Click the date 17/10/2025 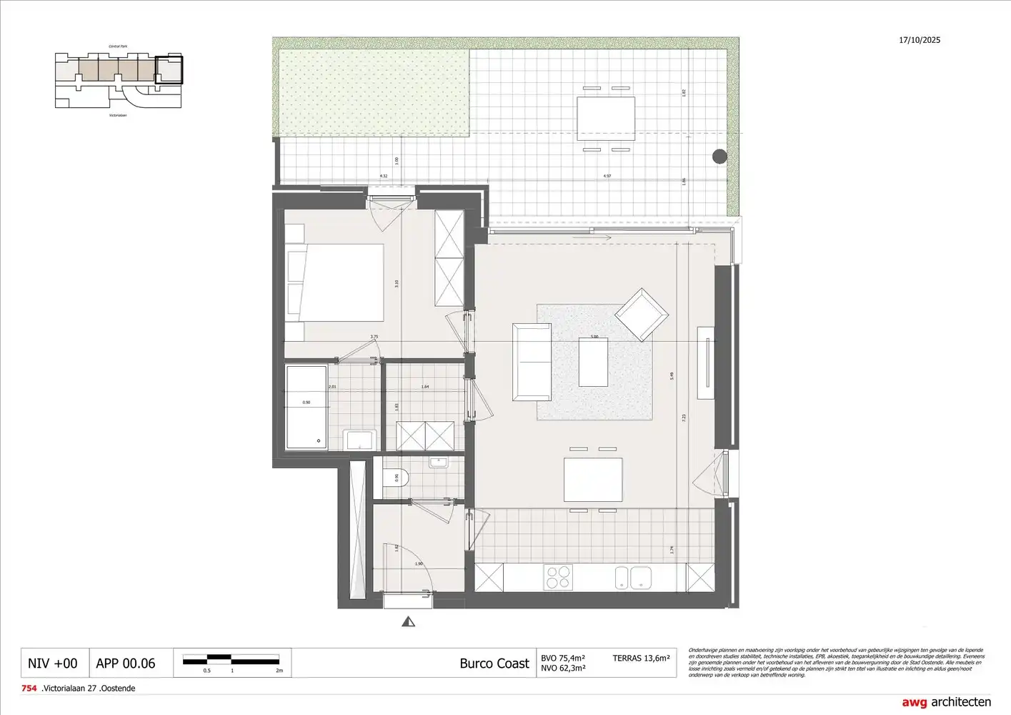tap(920, 40)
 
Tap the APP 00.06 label tap(125, 664)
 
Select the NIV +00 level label tap(52, 664)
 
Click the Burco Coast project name tap(494, 664)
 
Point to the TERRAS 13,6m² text tap(641, 658)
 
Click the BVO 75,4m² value tap(563, 658)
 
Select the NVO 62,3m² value tap(563, 669)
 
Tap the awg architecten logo tap(946, 702)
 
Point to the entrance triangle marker tap(409, 622)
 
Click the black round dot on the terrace tap(719, 157)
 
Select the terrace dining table tap(606, 119)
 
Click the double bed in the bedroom tap(334, 282)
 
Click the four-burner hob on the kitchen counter tap(559, 577)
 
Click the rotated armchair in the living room tap(642, 315)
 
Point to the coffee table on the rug tap(593, 362)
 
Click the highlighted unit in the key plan tap(169, 70)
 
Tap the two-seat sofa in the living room tap(532, 362)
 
